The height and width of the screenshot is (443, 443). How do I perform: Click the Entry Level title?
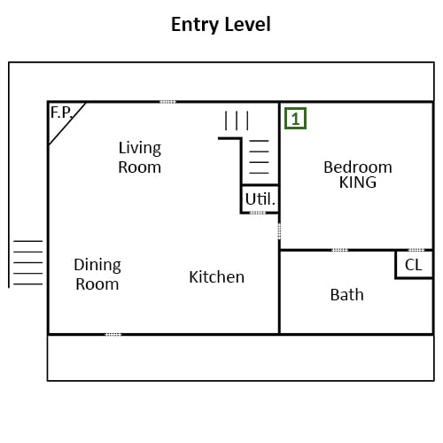tap(221, 25)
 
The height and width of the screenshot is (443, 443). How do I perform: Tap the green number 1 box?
tap(295, 119)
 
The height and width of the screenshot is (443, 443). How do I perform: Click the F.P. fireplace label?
tap(61, 113)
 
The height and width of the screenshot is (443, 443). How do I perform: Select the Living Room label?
tap(140, 158)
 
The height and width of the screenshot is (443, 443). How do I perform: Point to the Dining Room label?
tap(97, 275)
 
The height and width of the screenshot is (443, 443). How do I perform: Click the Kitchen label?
tap(217, 277)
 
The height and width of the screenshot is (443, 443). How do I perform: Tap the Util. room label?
tap(260, 199)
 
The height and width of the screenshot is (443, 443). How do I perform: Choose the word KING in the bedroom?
tap(358, 183)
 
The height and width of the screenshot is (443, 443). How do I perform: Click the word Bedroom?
tap(358, 167)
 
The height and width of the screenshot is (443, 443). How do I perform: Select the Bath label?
tap(347, 295)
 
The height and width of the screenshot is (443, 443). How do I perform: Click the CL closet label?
tap(414, 265)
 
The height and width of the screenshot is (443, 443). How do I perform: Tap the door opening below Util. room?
tap(258, 213)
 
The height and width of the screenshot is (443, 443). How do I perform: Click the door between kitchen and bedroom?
tap(279, 231)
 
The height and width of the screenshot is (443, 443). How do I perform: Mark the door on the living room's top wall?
tap(167, 102)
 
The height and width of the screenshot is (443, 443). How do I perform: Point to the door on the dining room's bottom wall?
tap(113, 335)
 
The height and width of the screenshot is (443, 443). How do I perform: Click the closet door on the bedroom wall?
tap(416, 250)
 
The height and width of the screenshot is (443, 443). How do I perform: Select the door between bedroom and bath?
tap(339, 250)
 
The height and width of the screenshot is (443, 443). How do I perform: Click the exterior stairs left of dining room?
tap(28, 262)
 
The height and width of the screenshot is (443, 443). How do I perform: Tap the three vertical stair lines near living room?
tap(237, 120)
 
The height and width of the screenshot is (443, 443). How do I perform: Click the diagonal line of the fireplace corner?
tap(67, 123)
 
